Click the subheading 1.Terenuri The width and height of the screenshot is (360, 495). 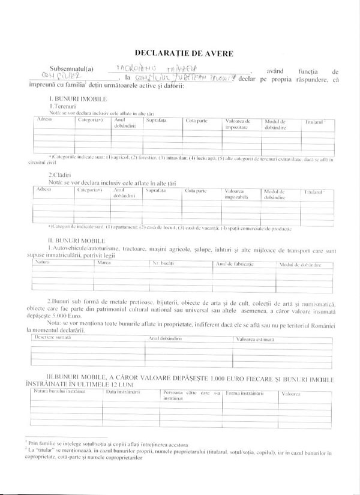point(63,104)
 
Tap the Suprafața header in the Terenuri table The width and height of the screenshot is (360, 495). point(155,121)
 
